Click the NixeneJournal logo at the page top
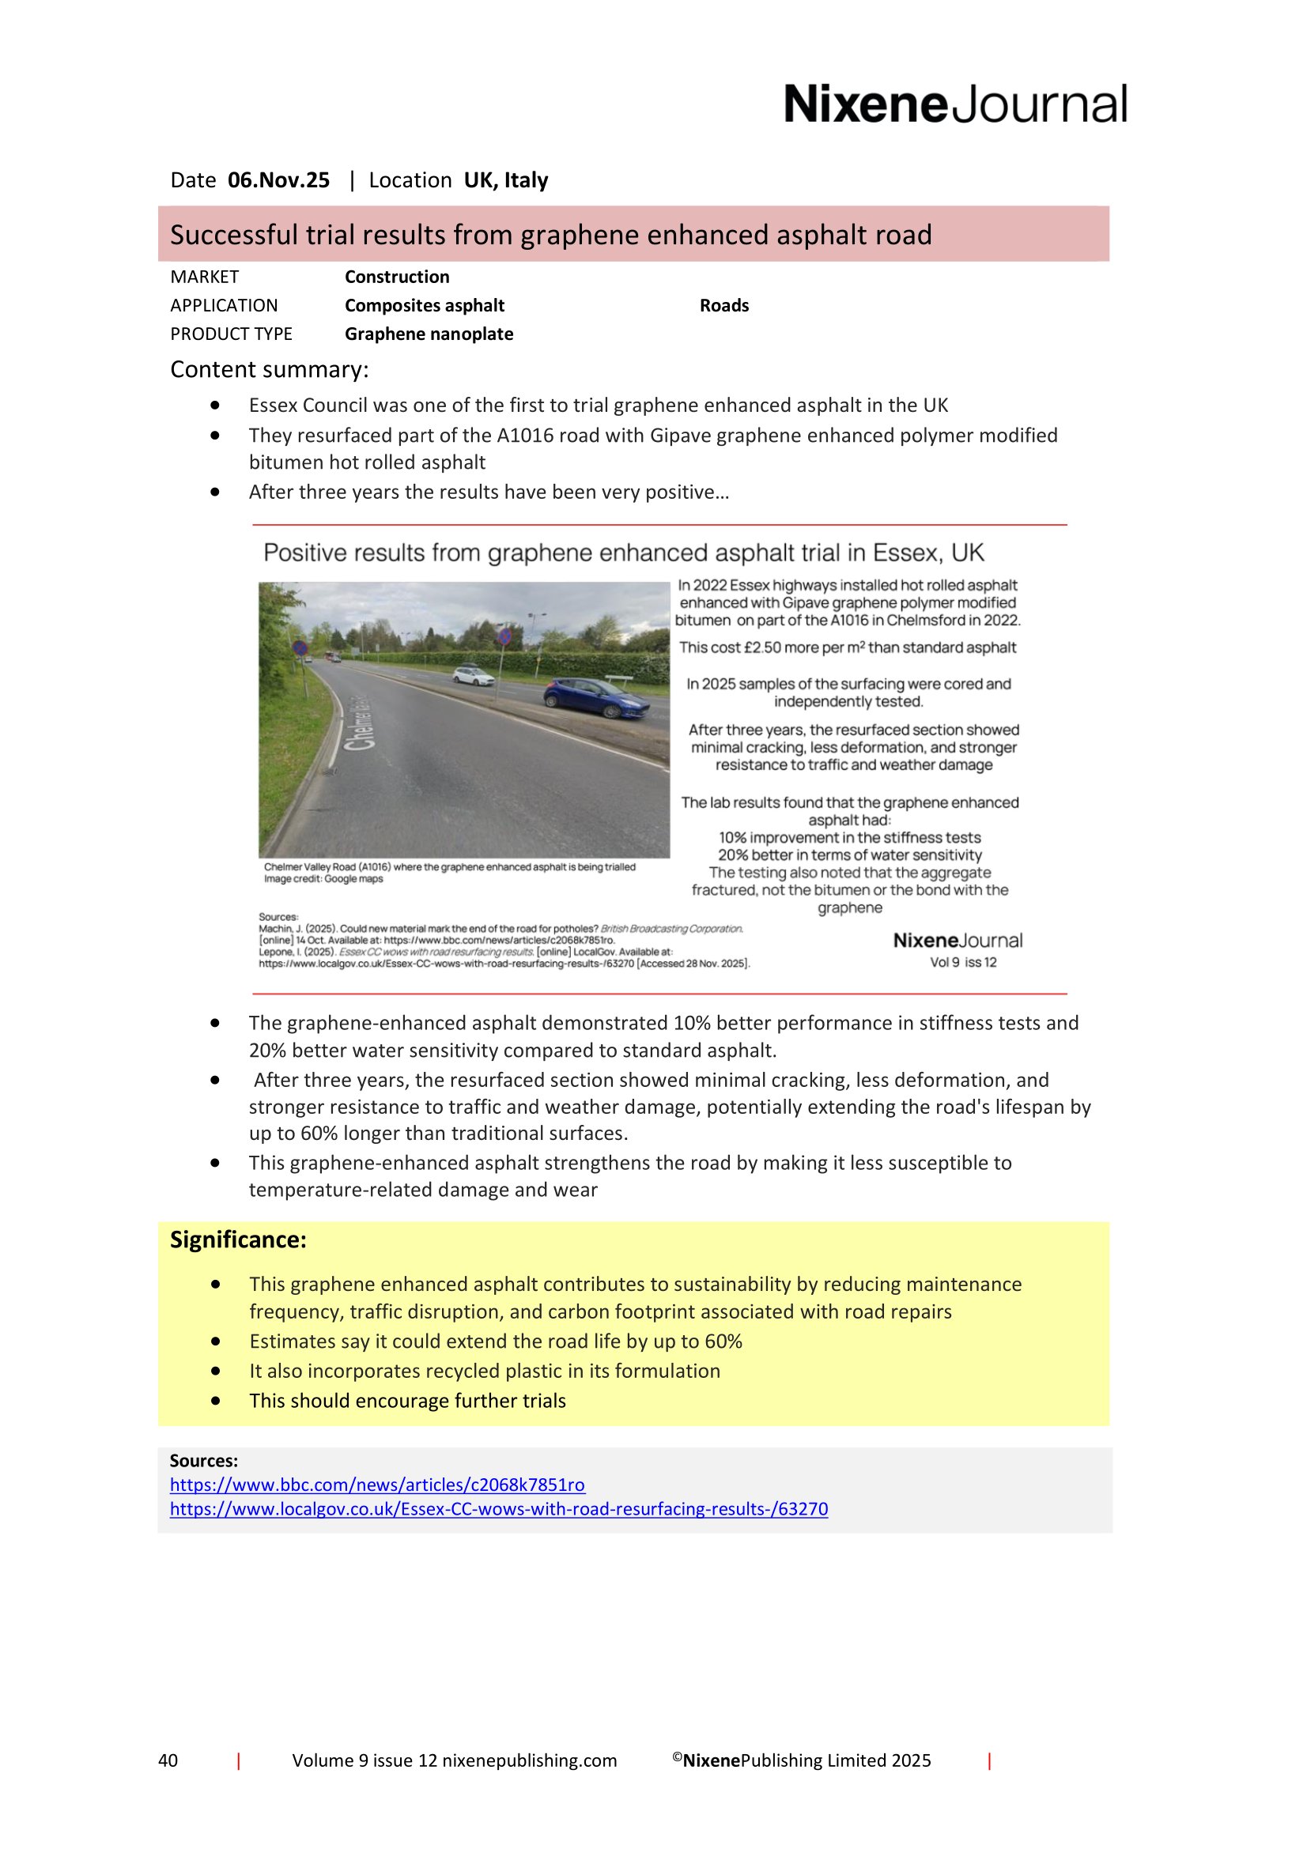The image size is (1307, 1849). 955,104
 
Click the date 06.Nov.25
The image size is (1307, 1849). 278,180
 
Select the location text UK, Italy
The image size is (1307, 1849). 506,180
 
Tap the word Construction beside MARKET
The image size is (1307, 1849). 397,277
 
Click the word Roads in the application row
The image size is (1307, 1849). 724,306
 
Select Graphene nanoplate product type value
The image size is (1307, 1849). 429,334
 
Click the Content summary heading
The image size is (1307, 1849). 269,370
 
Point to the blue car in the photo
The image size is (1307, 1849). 596,697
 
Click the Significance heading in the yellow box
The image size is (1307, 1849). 238,1240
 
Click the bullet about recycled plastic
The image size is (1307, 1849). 485,1371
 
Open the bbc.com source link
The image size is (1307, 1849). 377,1485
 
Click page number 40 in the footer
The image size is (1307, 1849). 168,1760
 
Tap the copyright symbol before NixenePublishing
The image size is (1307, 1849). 678,1757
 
